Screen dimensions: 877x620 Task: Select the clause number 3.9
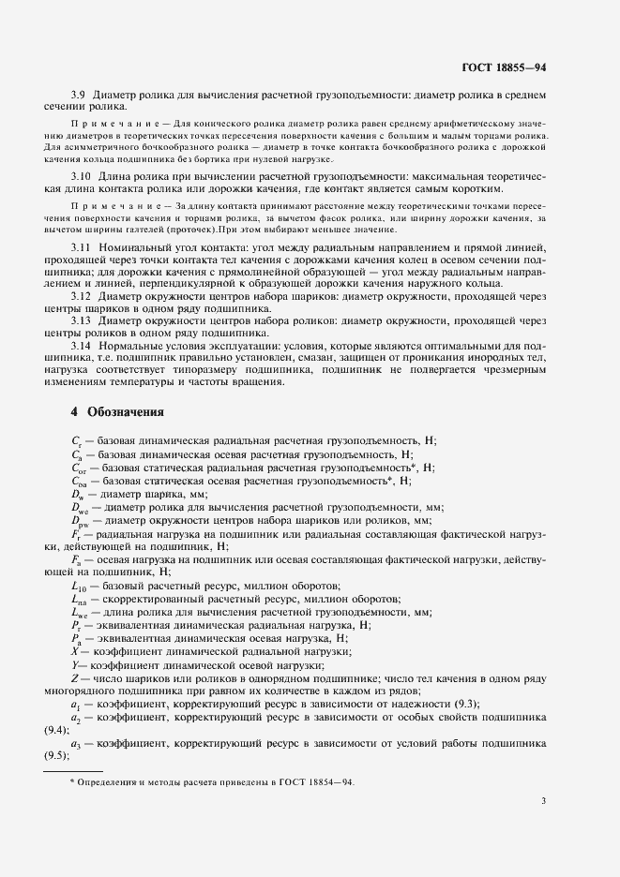[x=79, y=96]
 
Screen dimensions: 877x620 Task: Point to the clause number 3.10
[x=82, y=177]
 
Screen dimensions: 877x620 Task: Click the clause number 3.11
[x=82, y=245]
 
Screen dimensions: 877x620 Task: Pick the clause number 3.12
[x=82, y=297]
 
